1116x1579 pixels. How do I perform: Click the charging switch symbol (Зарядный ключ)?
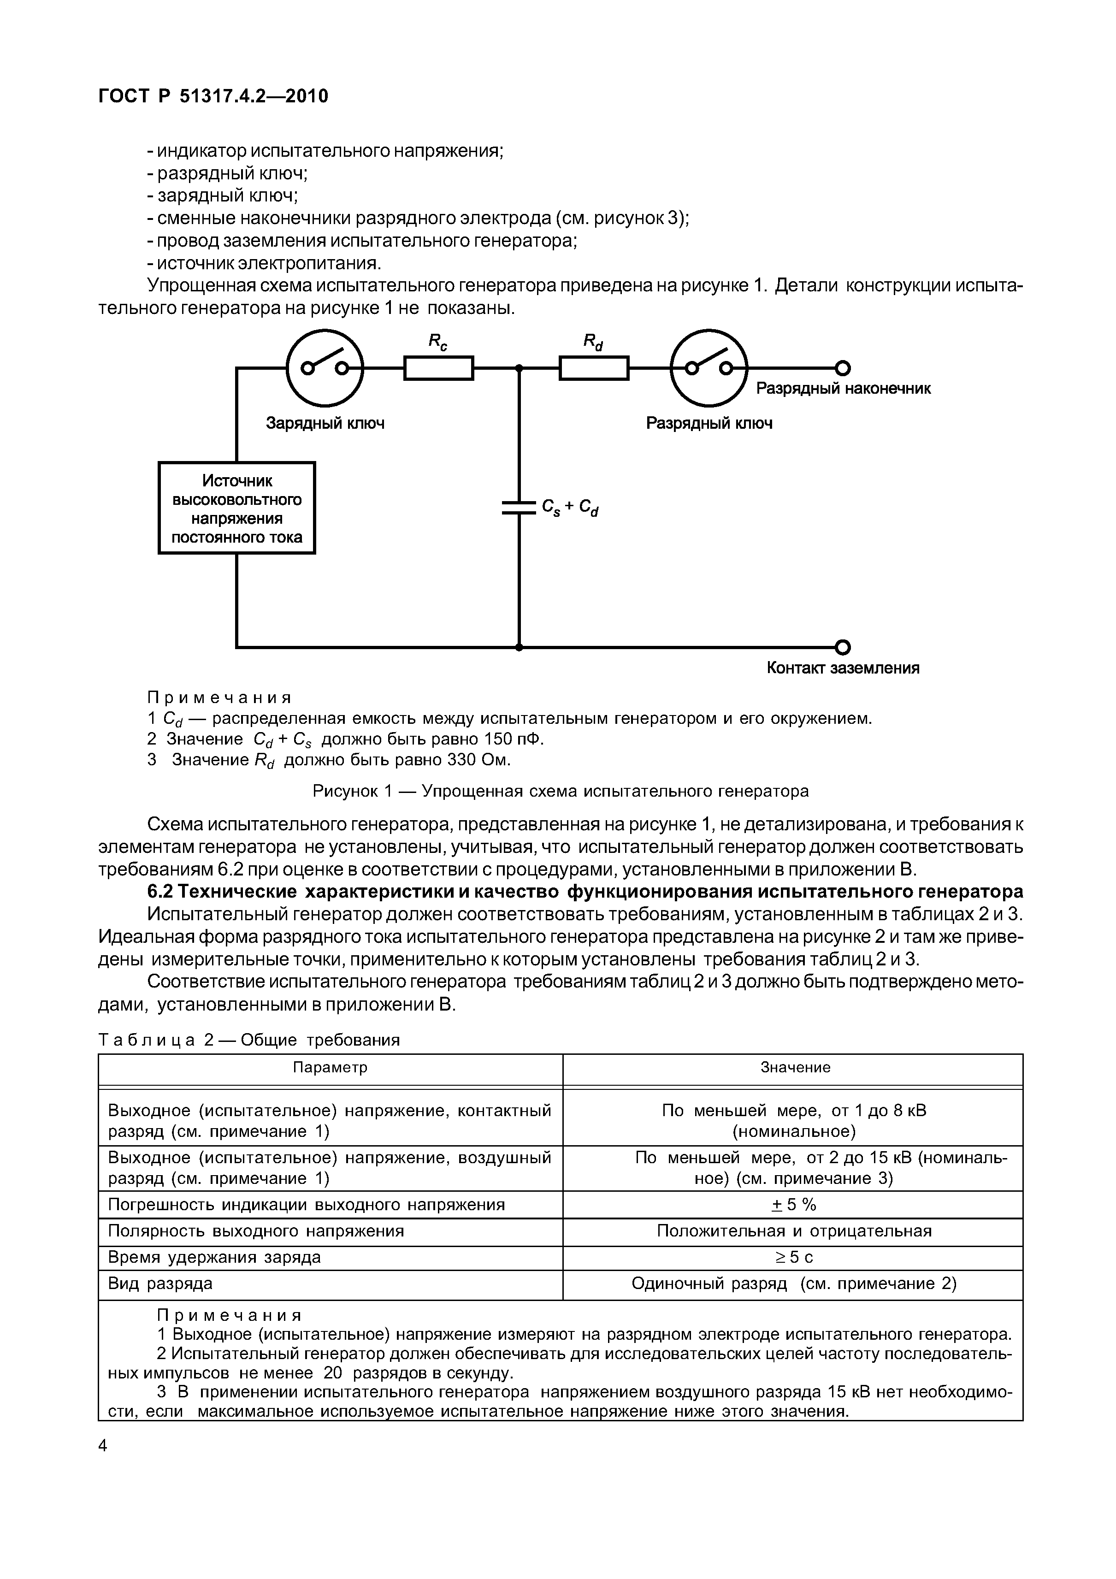pos(325,369)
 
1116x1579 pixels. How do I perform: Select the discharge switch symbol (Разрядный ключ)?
pos(709,369)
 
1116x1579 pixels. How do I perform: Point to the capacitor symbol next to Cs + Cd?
pos(519,508)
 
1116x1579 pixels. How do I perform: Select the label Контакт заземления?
pos(843,668)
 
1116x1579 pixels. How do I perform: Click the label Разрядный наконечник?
pos(843,389)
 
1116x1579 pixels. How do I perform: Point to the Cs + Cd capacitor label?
pos(570,508)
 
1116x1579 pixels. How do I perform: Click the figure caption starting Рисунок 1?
pos(561,792)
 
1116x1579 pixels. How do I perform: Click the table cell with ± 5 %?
pos(795,1205)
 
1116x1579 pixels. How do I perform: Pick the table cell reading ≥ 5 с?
pos(795,1257)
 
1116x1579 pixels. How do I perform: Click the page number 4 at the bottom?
pos(103,1446)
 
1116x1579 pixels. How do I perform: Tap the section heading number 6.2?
pos(162,892)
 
